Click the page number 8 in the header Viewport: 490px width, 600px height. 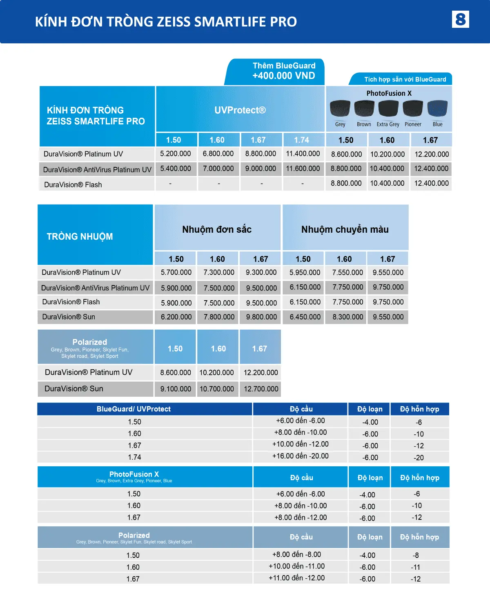click(460, 19)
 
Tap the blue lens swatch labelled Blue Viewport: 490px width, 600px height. click(437, 108)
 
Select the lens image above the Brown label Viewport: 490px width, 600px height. click(364, 108)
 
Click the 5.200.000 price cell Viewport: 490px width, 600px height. click(176, 154)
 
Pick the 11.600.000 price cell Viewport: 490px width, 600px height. click(303, 169)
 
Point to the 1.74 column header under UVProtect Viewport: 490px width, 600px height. click(302, 140)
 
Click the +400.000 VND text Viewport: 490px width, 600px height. click(283, 76)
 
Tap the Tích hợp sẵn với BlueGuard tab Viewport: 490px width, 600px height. click(405, 79)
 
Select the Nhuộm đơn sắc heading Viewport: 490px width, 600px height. click(217, 229)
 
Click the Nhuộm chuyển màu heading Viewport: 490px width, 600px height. click(345, 229)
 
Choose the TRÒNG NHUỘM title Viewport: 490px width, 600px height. click(80, 236)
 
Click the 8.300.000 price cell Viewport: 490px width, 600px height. click(347, 317)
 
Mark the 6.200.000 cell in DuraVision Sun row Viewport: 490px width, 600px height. click(176, 317)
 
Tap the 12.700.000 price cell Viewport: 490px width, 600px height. click(261, 389)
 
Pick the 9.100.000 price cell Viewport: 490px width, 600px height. click(176, 389)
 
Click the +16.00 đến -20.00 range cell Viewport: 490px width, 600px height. click(301, 456)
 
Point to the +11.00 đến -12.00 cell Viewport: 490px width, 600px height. click(297, 578)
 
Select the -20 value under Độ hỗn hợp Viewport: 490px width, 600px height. click(419, 458)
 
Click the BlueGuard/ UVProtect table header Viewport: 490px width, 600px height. click(134, 409)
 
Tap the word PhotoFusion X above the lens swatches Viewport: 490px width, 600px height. click(389, 93)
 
